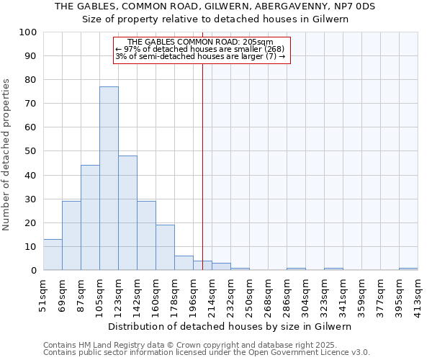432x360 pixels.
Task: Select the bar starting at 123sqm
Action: pos(127,213)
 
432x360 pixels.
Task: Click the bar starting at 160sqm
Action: pos(165,248)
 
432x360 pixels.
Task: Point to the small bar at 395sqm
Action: pos(408,269)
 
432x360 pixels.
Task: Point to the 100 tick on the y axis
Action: pos(28,32)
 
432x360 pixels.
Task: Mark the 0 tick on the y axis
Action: pos(34,271)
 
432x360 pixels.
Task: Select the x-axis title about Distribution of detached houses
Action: pos(231,326)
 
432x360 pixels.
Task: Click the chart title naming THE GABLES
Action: pos(215,6)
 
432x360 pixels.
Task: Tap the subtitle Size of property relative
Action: pos(215,19)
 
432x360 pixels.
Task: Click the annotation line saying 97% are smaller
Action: pos(199,49)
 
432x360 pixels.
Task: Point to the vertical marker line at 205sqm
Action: pos(202,166)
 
